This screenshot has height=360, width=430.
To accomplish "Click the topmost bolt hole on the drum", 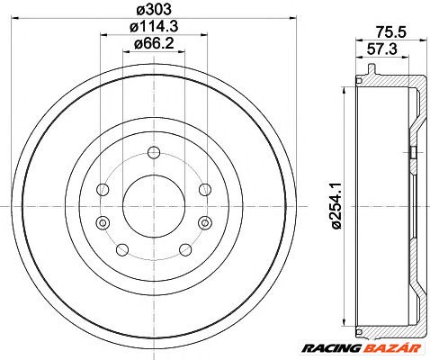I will tap(153, 151).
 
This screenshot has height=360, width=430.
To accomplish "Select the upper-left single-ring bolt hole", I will tap(102, 189).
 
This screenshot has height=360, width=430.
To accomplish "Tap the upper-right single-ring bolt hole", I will tap(205, 189).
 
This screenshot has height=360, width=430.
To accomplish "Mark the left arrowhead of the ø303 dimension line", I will tap(20, 19).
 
